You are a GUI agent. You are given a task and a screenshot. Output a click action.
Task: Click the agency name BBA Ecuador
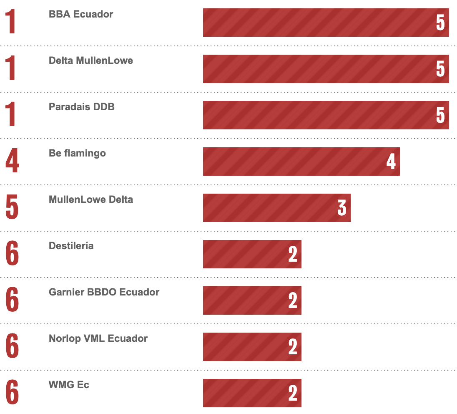point(81,14)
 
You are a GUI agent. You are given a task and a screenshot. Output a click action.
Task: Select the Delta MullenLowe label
point(91,61)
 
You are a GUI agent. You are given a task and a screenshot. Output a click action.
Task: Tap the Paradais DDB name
point(82,107)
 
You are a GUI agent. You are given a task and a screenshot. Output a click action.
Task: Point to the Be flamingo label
point(77,153)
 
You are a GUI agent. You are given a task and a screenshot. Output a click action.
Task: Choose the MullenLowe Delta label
point(91,199)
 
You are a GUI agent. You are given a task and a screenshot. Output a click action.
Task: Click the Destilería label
point(71,246)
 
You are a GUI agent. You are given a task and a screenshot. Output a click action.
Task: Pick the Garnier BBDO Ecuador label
point(104,292)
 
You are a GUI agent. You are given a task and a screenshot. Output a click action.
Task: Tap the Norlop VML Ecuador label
point(98,338)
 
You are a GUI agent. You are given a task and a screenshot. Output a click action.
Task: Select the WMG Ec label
point(69,385)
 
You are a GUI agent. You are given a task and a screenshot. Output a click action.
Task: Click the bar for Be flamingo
point(301,162)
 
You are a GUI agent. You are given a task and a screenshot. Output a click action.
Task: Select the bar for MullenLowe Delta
point(276,208)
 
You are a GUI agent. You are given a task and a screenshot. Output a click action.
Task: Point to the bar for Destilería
point(252,254)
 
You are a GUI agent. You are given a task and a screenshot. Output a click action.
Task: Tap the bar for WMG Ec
point(252,393)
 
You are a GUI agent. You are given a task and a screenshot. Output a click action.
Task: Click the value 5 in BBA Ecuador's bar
point(440,23)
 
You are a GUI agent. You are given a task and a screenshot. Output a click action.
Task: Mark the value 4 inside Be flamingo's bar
point(391,162)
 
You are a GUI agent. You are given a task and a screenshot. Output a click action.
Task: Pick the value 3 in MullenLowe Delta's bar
point(341,208)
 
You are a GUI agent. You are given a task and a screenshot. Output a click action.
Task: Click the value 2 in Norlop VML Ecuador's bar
point(293,347)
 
